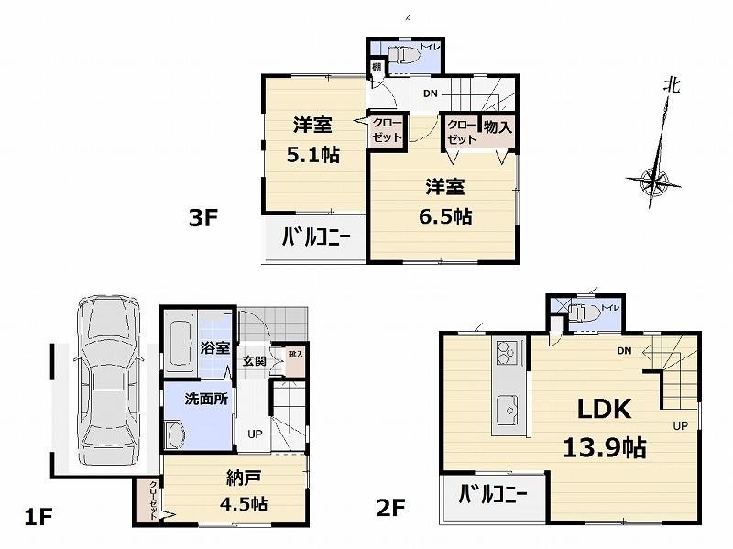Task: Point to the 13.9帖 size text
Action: point(604,447)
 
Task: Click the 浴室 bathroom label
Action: point(214,348)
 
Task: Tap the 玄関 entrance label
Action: point(255,361)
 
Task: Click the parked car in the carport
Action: point(107,380)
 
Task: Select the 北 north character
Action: point(673,86)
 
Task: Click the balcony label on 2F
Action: point(493,496)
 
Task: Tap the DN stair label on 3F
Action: point(431,93)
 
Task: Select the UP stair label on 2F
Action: point(680,426)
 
